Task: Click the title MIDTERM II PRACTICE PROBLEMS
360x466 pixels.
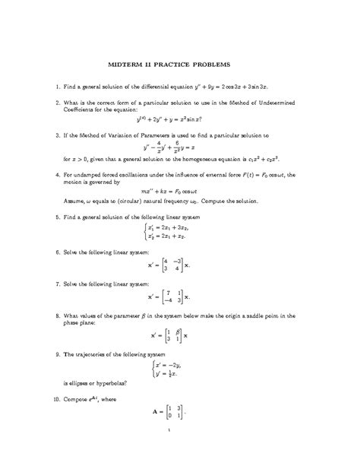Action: (x=180, y=65)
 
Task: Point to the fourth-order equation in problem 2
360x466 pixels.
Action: (x=179, y=119)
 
